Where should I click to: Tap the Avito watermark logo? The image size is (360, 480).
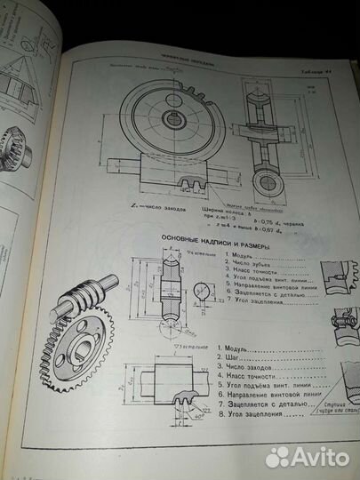click(x=306, y=456)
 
